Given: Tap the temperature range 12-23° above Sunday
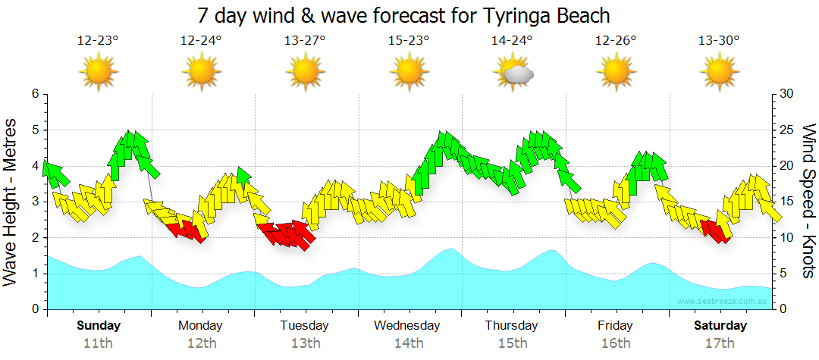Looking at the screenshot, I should (x=98, y=41).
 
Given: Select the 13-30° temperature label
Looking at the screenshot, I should (x=719, y=41).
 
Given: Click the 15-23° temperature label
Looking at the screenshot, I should (x=409, y=41).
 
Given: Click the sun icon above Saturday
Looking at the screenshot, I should (x=719, y=73).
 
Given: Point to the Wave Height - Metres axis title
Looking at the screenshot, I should (x=11, y=201).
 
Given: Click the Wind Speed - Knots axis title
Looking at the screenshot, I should (x=807, y=201).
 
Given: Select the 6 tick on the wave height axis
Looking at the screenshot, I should (x=34, y=94).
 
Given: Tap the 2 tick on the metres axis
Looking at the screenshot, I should (x=34, y=238).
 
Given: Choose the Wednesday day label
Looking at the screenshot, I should (x=407, y=326).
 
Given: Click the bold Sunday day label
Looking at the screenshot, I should (x=99, y=326).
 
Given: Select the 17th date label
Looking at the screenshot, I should (x=719, y=343).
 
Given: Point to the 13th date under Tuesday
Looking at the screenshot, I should (x=305, y=343).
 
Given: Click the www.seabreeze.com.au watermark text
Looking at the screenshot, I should (x=723, y=301).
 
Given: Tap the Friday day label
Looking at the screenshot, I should (x=615, y=326).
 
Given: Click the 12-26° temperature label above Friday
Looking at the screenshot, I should (x=615, y=41).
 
